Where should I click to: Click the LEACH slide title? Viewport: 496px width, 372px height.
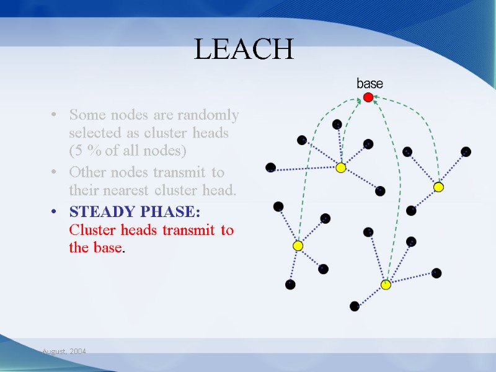click(x=244, y=50)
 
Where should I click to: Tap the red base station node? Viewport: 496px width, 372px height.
click(x=368, y=97)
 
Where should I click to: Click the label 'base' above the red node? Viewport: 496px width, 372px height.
click(x=370, y=84)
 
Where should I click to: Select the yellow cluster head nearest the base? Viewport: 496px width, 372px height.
click(x=340, y=167)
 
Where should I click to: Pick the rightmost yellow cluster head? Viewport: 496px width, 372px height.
click(x=438, y=187)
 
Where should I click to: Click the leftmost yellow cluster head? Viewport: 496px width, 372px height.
click(x=298, y=246)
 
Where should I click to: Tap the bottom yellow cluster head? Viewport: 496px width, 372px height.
click(x=386, y=285)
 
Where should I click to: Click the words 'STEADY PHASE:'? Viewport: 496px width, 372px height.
click(x=135, y=212)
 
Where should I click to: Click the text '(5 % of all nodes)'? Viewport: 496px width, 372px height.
click(x=128, y=151)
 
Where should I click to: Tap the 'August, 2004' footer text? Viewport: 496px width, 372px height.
click(x=64, y=352)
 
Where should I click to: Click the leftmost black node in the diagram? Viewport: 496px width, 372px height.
click(x=270, y=167)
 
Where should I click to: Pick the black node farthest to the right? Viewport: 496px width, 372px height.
click(x=466, y=151)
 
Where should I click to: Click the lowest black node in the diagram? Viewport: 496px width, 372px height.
click(x=354, y=306)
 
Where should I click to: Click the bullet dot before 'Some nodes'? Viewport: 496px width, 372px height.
click(x=55, y=116)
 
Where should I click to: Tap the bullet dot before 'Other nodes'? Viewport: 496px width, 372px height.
click(x=55, y=172)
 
